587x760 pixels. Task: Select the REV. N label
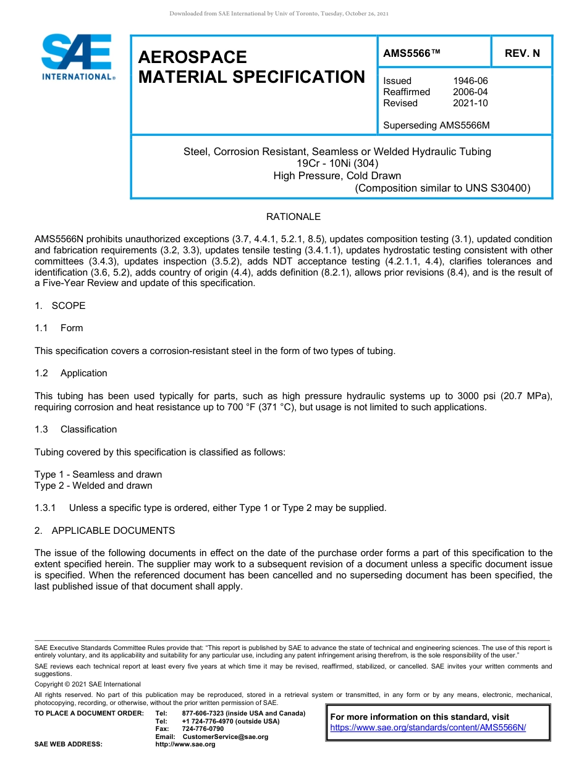click(522, 53)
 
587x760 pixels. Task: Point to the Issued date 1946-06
click(470, 81)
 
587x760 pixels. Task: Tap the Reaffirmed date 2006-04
click(470, 92)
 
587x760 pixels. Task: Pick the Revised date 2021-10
click(470, 103)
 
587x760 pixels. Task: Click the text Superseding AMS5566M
click(436, 125)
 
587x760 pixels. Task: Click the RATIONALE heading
click(293, 217)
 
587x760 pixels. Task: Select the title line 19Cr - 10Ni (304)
click(337, 164)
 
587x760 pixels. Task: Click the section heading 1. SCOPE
click(60, 306)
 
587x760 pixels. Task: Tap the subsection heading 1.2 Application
click(71, 373)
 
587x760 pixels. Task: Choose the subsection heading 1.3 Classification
click(76, 429)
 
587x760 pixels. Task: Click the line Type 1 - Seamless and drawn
click(98, 475)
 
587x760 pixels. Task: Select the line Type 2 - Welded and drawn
click(93, 486)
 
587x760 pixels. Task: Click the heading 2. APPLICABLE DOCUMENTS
click(104, 531)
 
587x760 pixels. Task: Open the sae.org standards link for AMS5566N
click(428, 728)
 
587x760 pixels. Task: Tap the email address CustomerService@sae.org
click(229, 737)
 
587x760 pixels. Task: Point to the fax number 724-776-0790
click(203, 729)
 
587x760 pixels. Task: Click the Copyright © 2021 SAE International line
click(88, 684)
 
